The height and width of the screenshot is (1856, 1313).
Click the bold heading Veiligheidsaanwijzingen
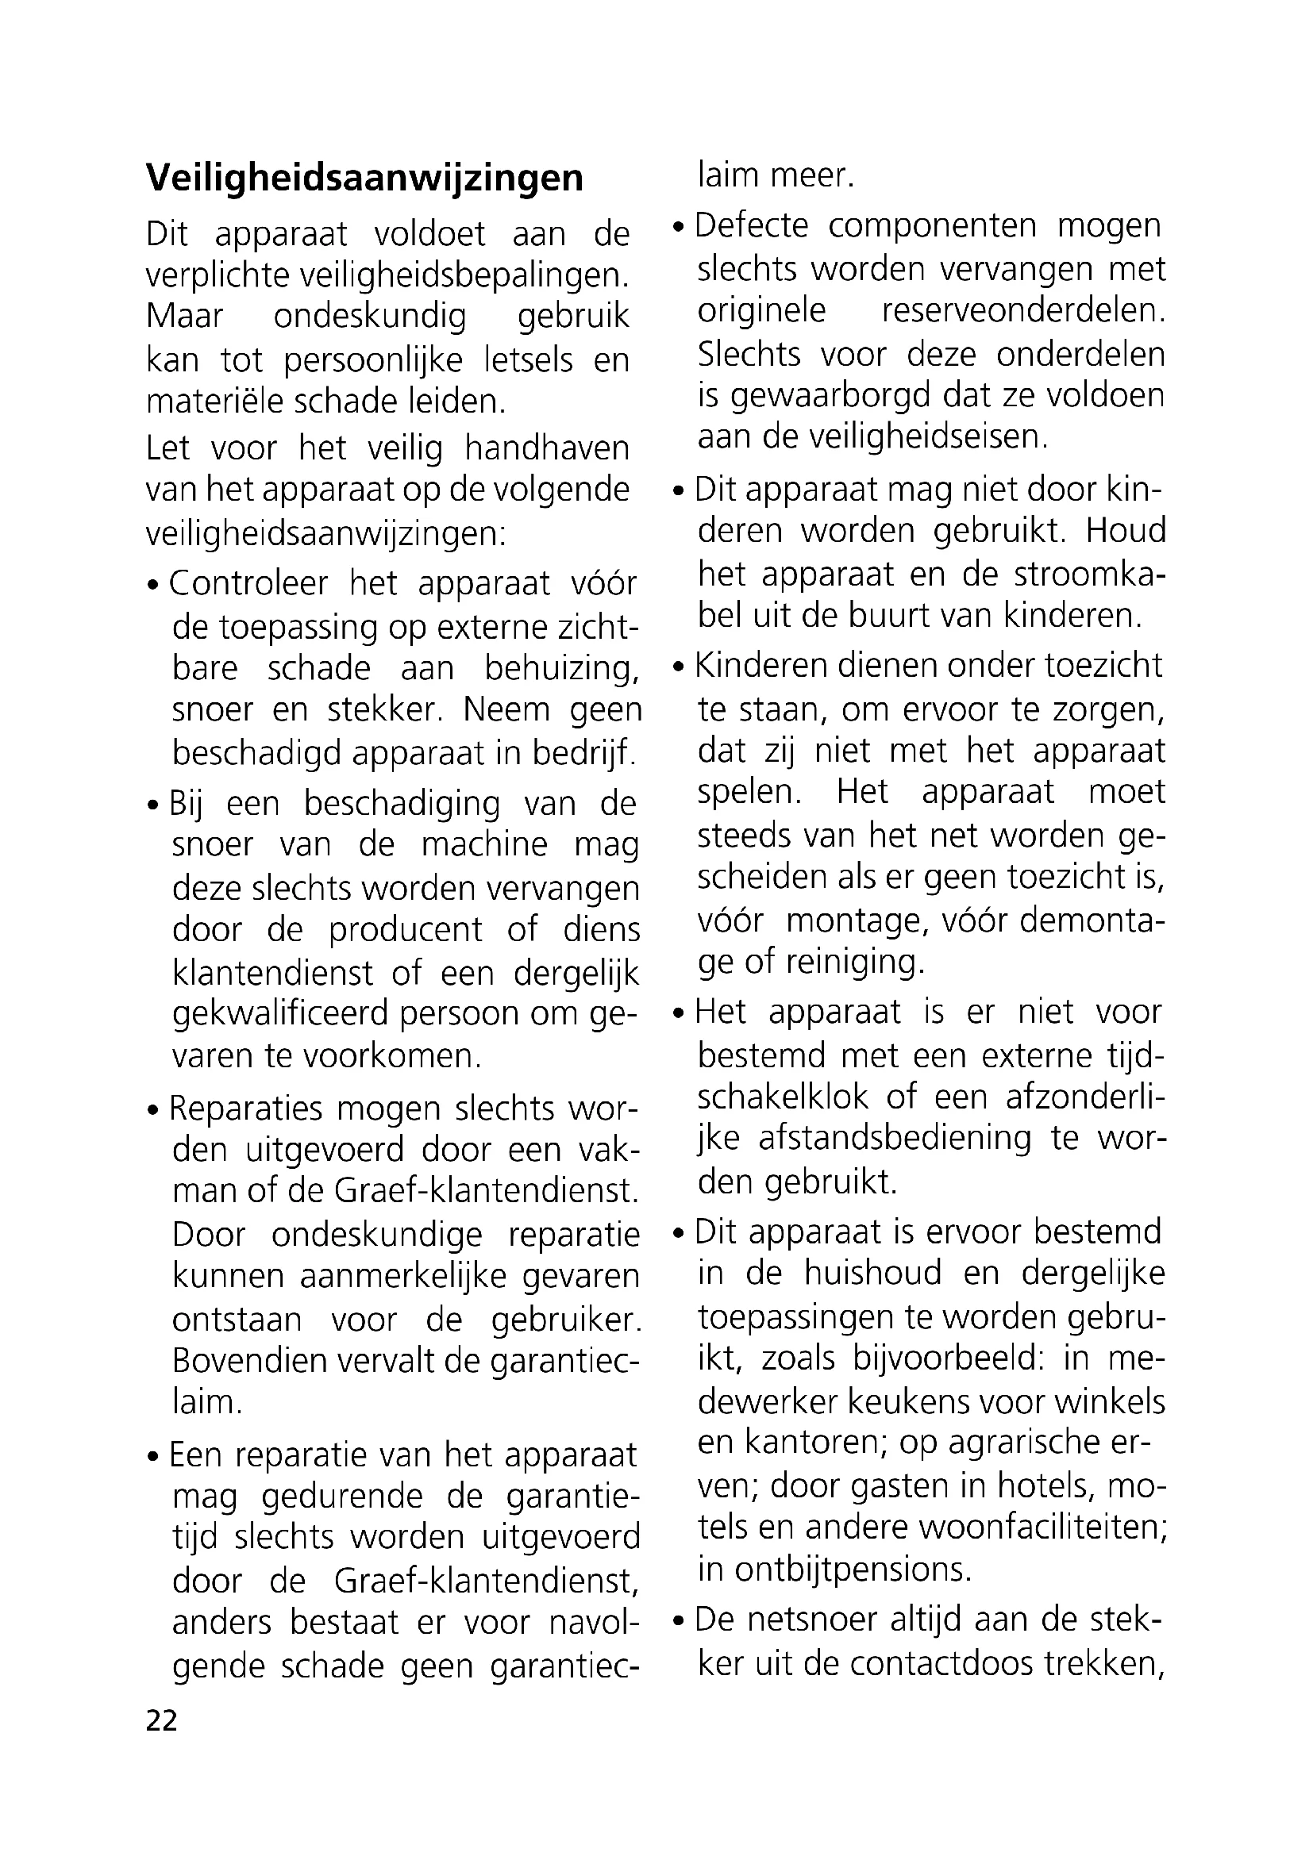(364, 178)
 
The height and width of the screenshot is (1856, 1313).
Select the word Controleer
(249, 584)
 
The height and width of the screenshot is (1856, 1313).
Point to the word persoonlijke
(375, 359)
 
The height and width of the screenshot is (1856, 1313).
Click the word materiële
(202, 402)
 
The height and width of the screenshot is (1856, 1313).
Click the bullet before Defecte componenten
(680, 228)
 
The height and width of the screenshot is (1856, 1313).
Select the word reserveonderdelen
(1022, 311)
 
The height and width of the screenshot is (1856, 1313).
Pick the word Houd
(1126, 531)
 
